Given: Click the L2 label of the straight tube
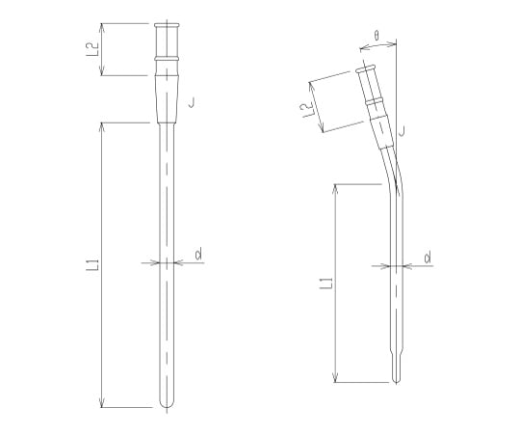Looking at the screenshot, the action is [x=92, y=48].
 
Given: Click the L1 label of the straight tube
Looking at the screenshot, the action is [x=92, y=265].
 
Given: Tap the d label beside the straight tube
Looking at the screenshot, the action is [x=198, y=254].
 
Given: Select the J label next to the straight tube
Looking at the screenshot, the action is [x=192, y=102].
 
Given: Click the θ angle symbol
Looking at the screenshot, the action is [x=377, y=35].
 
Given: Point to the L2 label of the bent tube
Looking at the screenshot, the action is [x=307, y=110].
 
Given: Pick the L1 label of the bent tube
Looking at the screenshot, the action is [x=326, y=282].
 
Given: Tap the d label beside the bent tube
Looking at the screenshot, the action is [x=428, y=258].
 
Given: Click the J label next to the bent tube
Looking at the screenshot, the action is [x=403, y=131].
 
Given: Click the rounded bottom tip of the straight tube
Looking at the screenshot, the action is [x=167, y=405].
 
